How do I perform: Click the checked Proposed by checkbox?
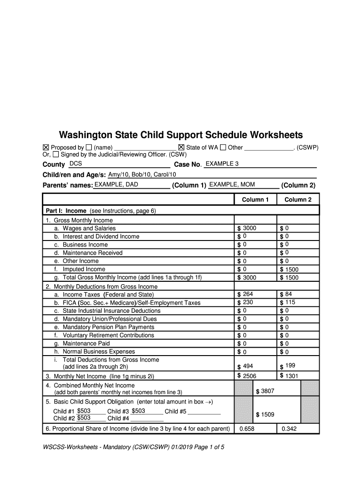(x=46, y=147)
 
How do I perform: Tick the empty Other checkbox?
(x=223, y=147)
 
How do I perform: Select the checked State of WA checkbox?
(x=181, y=147)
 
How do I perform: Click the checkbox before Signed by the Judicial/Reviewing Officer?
(x=56, y=155)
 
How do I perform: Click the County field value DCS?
(x=75, y=163)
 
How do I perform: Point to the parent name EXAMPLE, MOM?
(x=232, y=184)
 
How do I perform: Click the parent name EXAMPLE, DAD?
(x=116, y=185)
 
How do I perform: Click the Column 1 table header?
(x=255, y=200)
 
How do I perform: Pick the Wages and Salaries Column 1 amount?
(x=250, y=228)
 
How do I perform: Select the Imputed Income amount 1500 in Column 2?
(x=291, y=270)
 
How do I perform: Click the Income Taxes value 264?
(x=248, y=294)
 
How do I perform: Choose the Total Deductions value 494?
(x=248, y=366)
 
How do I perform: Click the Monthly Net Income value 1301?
(x=291, y=376)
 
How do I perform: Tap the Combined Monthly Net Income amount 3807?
(x=268, y=391)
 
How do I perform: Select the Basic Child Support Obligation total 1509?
(x=268, y=415)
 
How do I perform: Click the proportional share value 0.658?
(x=247, y=429)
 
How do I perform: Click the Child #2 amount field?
(x=84, y=418)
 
